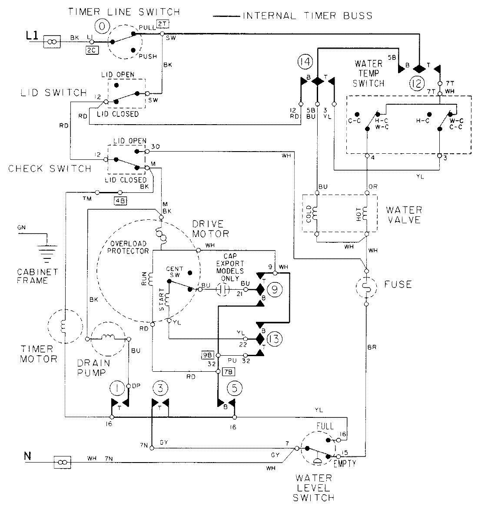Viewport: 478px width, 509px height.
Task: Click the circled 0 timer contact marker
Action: pos(102,27)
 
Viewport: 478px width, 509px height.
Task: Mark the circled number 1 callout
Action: pos(117,388)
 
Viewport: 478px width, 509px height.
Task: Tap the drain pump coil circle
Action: pos(108,338)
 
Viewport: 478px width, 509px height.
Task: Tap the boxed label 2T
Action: pos(161,23)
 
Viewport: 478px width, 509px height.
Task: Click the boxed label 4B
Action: pos(119,200)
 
